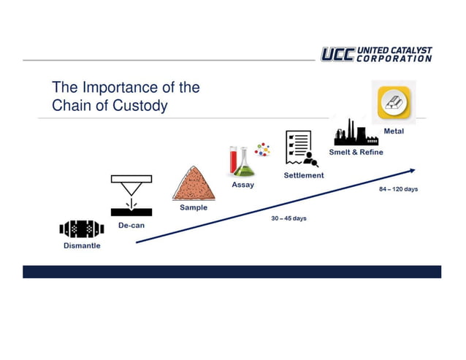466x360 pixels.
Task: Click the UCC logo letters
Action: (x=337, y=55)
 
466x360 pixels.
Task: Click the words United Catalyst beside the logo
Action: (x=394, y=50)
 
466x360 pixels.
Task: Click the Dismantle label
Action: (x=81, y=246)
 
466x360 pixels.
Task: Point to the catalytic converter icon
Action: (x=81, y=229)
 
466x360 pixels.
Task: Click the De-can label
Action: (x=131, y=226)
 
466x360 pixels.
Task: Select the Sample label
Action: (x=194, y=207)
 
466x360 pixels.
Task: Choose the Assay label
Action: (x=242, y=185)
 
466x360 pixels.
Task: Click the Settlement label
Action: (x=304, y=175)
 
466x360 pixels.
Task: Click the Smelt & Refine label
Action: (x=356, y=153)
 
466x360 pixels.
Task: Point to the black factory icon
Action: (x=355, y=134)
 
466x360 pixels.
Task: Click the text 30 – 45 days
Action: (x=289, y=218)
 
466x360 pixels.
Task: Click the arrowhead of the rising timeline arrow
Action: (x=413, y=170)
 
